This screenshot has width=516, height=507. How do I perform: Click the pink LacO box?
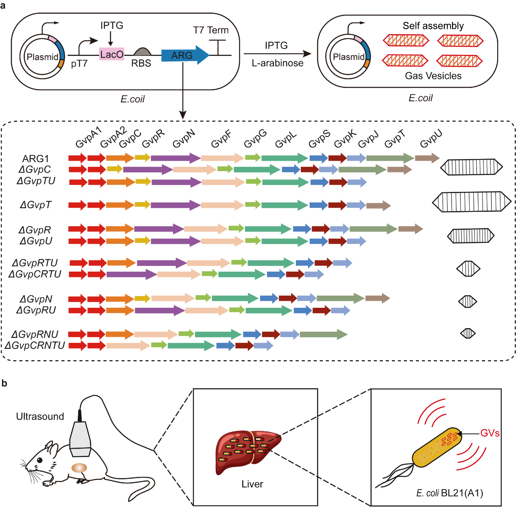pos(112,54)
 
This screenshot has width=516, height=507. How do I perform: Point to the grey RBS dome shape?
pos(142,51)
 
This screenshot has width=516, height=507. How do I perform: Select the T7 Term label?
pos(210,30)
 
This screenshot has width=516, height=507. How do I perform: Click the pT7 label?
pos(79,63)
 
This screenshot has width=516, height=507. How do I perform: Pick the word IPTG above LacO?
pos(112,26)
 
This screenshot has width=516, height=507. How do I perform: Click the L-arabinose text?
pos(277,63)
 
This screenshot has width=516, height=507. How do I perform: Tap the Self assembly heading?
pos(433,26)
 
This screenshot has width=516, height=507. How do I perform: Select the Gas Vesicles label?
pos(433,76)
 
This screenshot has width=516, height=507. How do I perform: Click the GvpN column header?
pos(184,139)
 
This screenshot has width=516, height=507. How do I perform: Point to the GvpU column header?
pos(431,139)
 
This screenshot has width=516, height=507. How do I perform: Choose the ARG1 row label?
pos(36,159)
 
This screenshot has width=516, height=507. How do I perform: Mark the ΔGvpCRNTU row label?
pos(35,346)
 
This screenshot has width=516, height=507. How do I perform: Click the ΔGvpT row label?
pos(36,205)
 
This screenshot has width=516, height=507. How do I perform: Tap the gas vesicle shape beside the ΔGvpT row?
pos(471,202)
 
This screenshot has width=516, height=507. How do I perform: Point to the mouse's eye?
pos(40,460)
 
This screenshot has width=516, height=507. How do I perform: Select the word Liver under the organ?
pos(252,484)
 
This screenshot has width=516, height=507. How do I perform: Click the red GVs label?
pos(490,433)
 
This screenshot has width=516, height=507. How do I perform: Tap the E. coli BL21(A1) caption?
pos(449,493)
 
